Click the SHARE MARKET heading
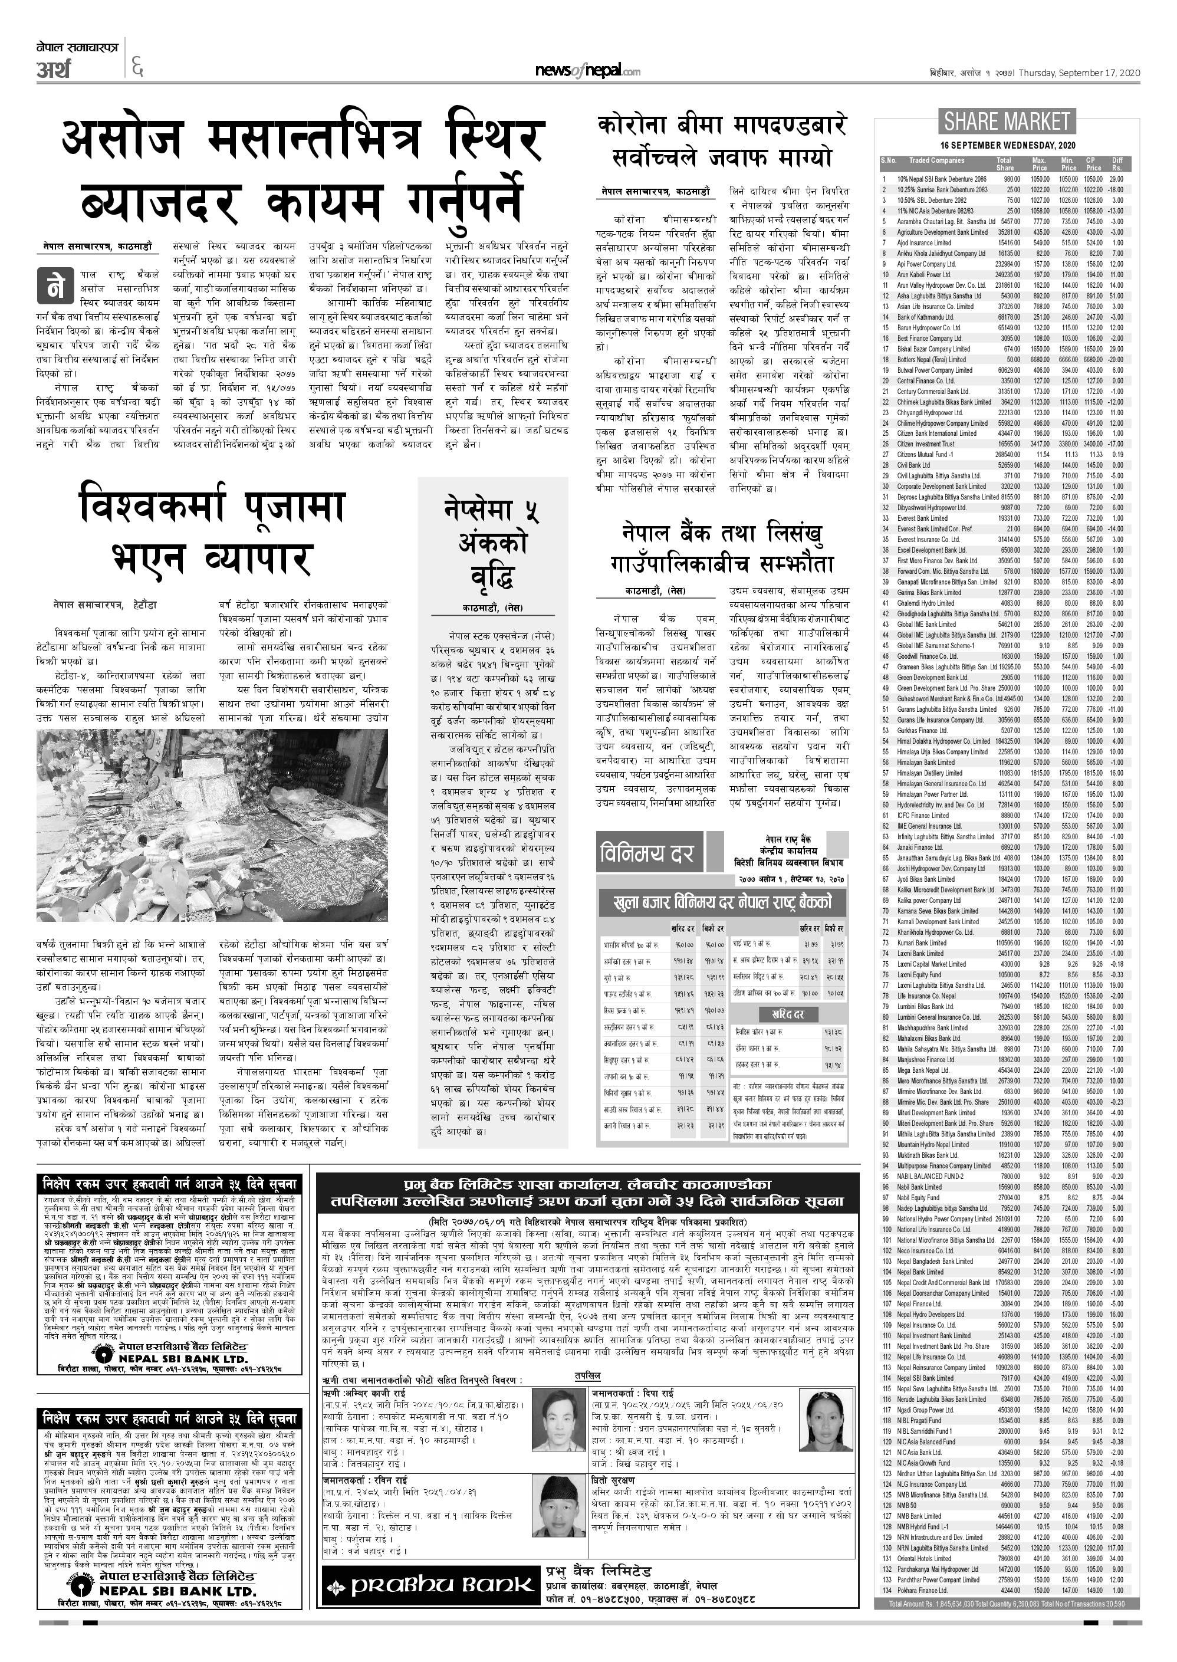(1007, 120)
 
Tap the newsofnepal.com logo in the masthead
(587, 70)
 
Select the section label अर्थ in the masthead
(54, 70)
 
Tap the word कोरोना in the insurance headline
(632, 126)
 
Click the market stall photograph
(212, 825)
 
